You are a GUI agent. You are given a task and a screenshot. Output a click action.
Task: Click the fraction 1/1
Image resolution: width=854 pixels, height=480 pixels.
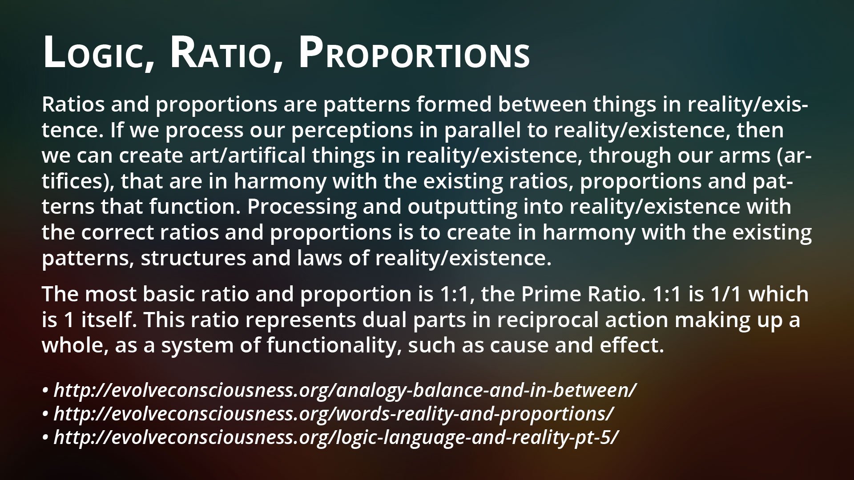click(725, 294)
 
